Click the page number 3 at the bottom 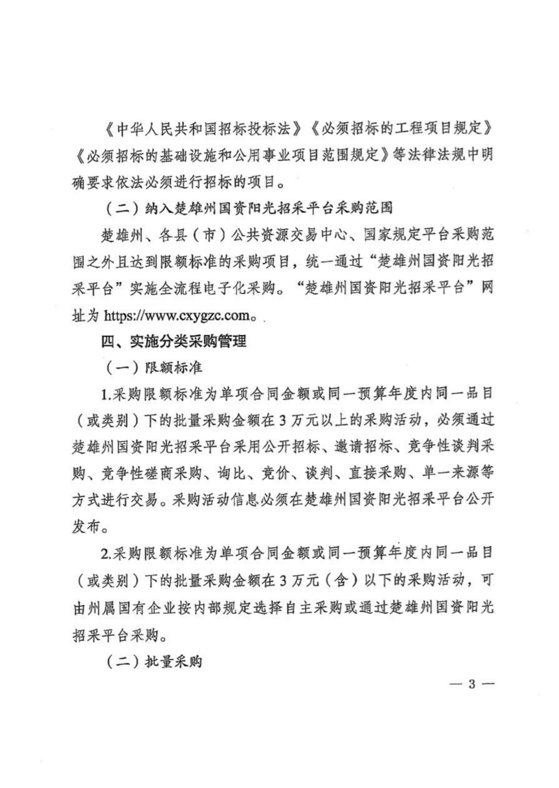(472, 683)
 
